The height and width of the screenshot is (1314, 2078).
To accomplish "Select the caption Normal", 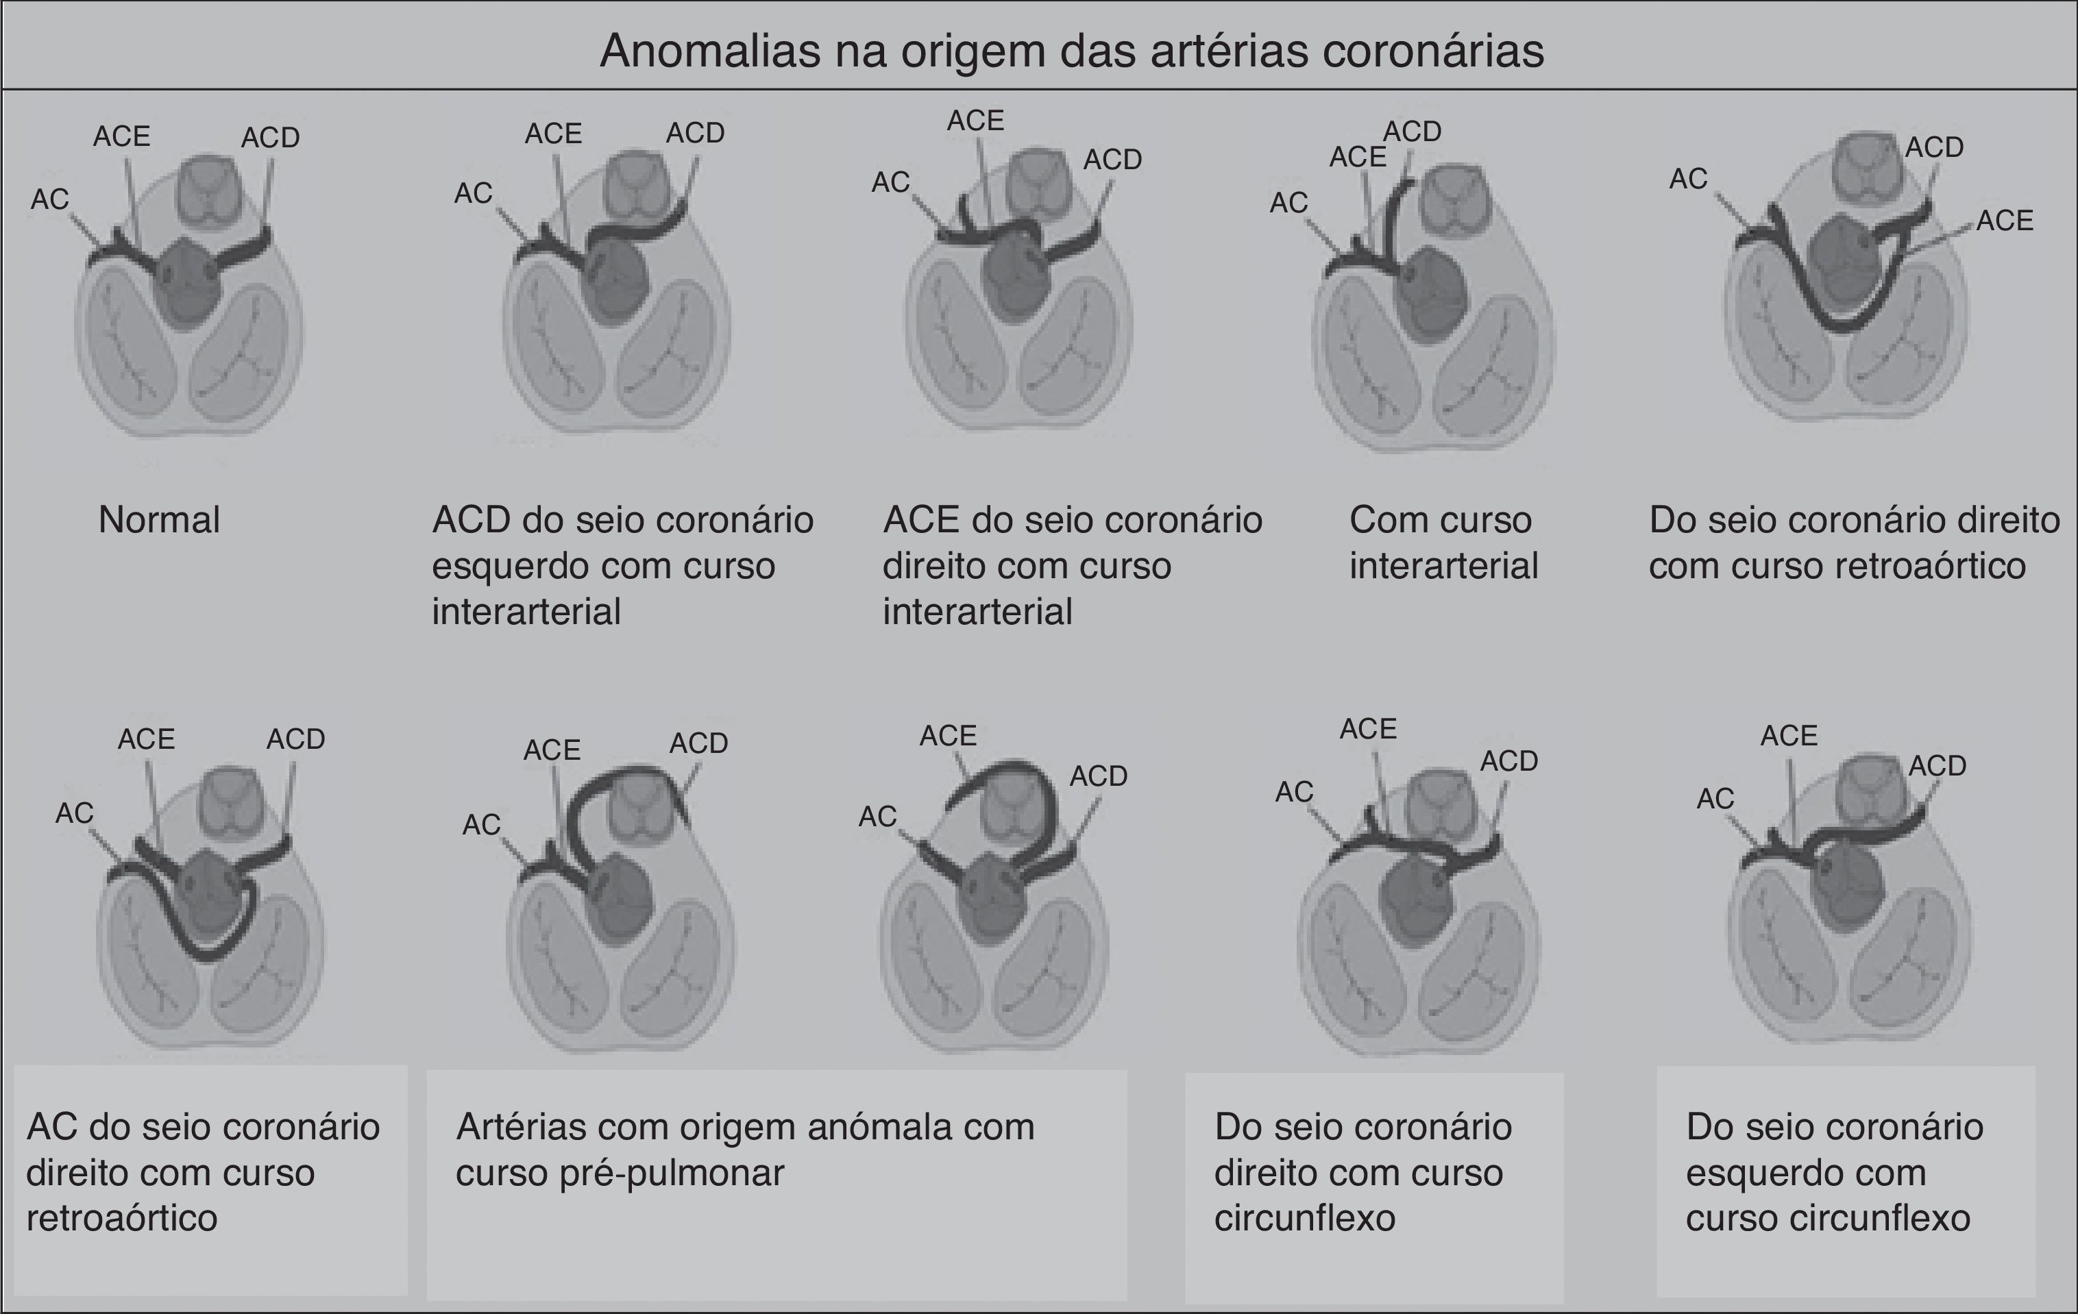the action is pyautogui.click(x=159, y=520).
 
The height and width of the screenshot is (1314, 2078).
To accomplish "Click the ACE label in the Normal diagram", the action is pyautogui.click(x=122, y=136).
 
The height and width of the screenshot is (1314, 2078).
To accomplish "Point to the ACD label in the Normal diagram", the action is pyautogui.click(x=270, y=138).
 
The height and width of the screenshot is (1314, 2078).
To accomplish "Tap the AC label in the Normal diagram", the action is pyautogui.click(x=49, y=199).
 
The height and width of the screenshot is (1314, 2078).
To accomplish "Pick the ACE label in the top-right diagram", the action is pyautogui.click(x=2005, y=221).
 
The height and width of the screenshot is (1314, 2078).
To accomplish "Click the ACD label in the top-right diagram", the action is pyautogui.click(x=1934, y=147).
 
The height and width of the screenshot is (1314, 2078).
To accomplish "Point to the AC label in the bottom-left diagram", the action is pyautogui.click(x=74, y=813).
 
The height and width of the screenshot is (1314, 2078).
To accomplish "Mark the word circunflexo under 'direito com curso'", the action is pyautogui.click(x=1304, y=1218).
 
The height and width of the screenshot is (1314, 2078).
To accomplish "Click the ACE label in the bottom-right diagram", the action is pyautogui.click(x=1789, y=736).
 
